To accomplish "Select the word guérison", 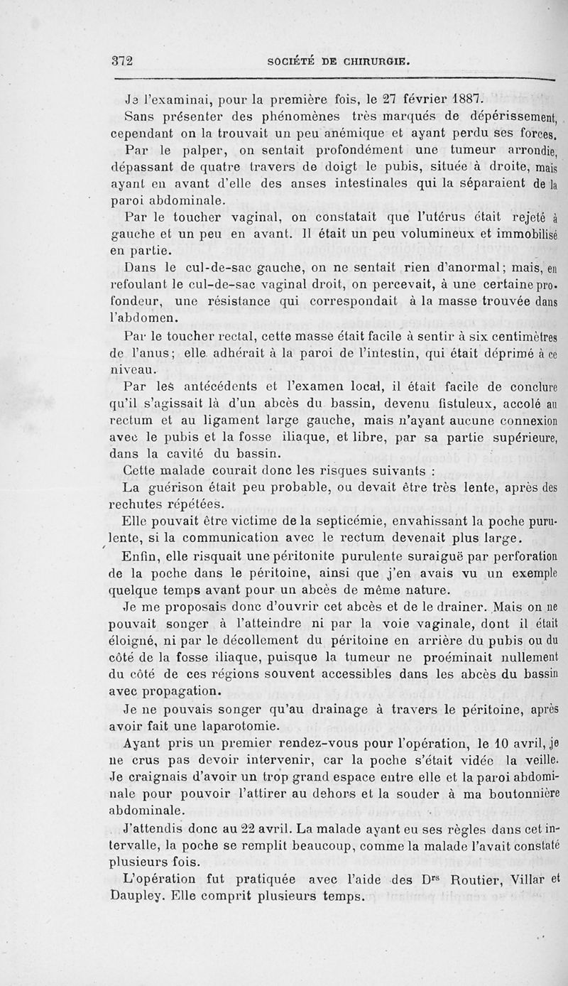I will click(x=172, y=489).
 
